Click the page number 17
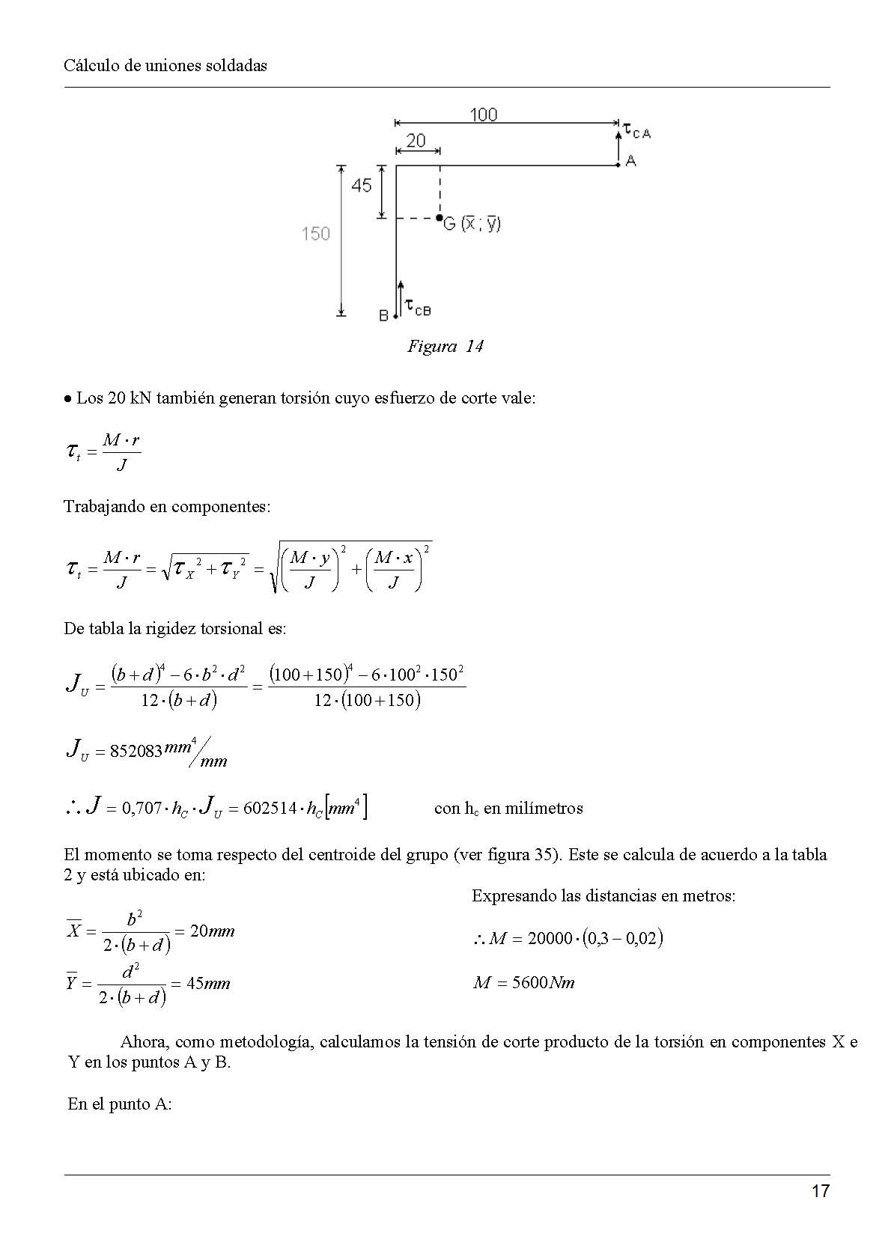coord(820,1191)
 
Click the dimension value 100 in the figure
coord(484,115)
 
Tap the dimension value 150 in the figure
coord(315,234)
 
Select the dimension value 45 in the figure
coord(362,185)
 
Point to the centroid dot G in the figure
coord(440,219)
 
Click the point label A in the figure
coord(630,161)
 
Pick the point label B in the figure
coord(383,316)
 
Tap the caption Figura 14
coord(445,346)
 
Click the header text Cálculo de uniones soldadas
coord(165,65)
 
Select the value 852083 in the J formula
coord(136,751)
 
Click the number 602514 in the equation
coord(270,809)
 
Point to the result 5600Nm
coord(524,983)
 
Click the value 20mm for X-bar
coord(212,931)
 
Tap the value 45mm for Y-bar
coord(207,984)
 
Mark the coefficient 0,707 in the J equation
coord(141,809)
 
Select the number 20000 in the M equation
coord(550,939)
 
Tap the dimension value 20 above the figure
coord(416,141)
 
